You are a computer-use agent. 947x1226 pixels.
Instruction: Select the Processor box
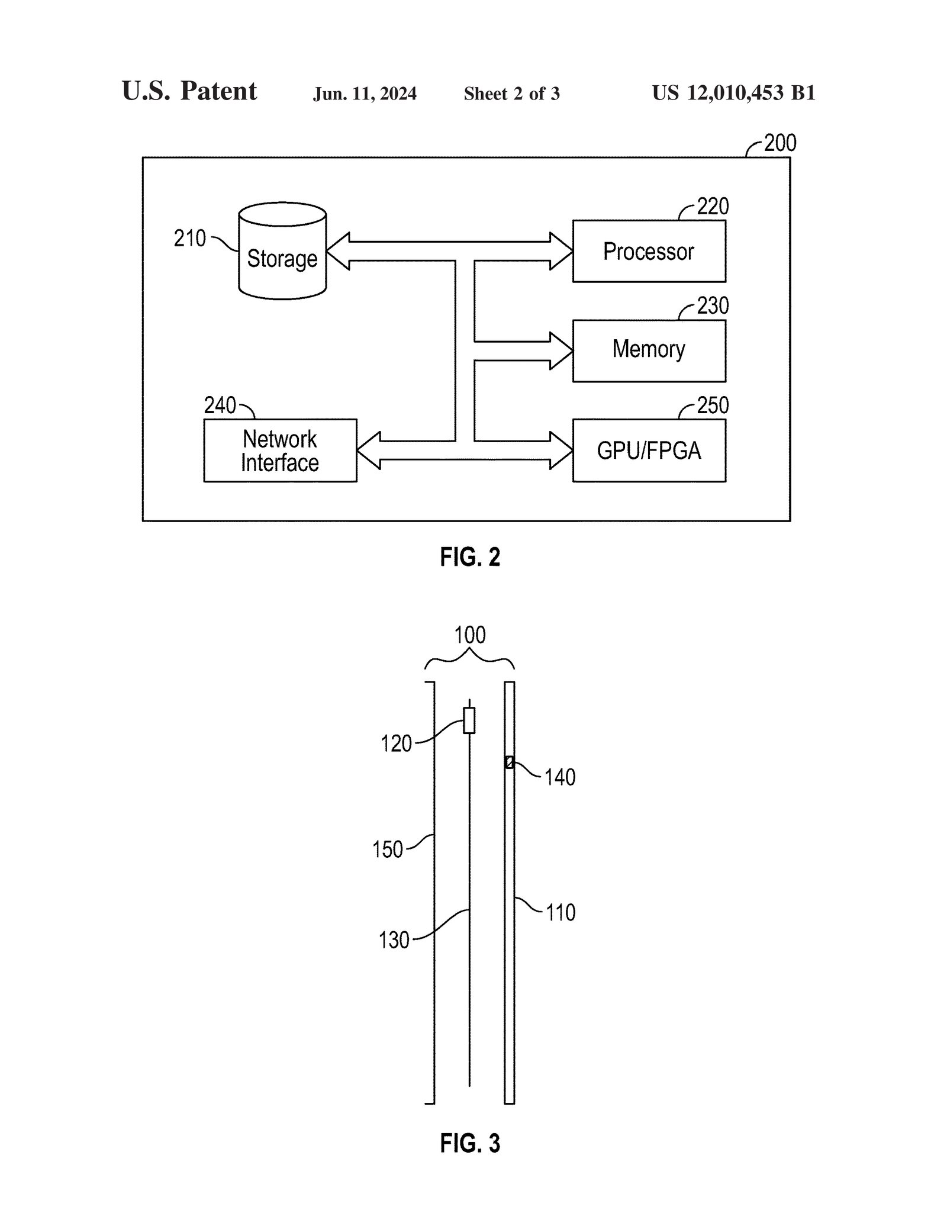point(649,252)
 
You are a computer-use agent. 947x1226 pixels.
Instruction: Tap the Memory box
point(649,350)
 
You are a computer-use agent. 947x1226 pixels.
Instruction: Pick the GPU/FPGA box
point(649,451)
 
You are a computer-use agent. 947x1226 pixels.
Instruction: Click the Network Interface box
point(280,451)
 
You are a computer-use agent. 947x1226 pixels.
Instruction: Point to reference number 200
point(779,143)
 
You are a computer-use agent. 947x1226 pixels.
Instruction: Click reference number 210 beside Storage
point(189,239)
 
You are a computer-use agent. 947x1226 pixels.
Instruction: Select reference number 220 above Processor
point(713,207)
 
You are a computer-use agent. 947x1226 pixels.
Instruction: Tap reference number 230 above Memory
point(713,306)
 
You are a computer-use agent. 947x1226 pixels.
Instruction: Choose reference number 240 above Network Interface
point(220,406)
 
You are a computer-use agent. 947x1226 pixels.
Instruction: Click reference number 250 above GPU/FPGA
point(713,406)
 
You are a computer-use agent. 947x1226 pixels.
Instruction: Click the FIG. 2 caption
point(470,557)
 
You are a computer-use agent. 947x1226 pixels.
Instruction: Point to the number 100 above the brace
point(469,635)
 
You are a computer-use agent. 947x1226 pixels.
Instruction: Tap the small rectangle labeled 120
point(469,720)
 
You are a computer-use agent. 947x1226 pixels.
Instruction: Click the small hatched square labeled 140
point(510,762)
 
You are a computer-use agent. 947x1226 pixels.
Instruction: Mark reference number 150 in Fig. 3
point(387,849)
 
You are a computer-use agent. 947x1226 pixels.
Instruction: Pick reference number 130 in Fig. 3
point(394,940)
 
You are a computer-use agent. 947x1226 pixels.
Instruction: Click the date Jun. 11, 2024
point(365,94)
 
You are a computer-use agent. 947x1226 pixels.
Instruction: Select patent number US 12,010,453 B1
point(733,93)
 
